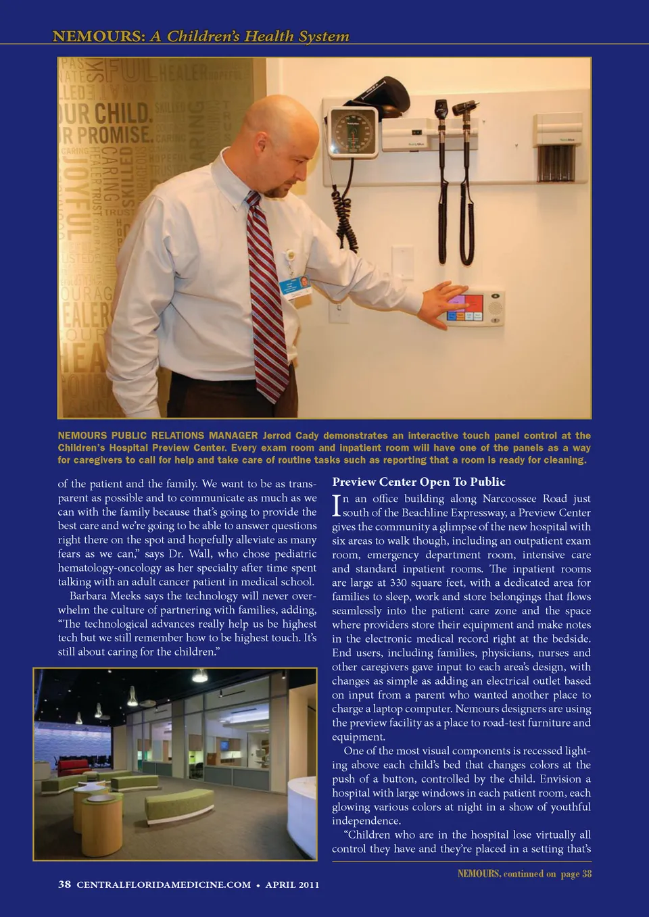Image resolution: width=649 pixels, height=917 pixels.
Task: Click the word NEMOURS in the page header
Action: pyautogui.click(x=98, y=36)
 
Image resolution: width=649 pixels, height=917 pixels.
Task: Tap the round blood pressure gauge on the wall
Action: pyautogui.click(x=352, y=132)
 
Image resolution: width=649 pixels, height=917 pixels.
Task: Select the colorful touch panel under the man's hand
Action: pyautogui.click(x=466, y=307)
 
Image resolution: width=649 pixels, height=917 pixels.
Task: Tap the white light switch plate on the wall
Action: pyautogui.click(x=402, y=262)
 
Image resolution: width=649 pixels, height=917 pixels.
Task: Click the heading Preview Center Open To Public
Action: pyautogui.click(x=418, y=482)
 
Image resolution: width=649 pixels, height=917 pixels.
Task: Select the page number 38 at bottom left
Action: pyautogui.click(x=64, y=885)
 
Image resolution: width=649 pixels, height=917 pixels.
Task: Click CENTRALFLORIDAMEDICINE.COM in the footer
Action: pyautogui.click(x=164, y=885)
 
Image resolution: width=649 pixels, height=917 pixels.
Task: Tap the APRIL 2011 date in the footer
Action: pyautogui.click(x=292, y=885)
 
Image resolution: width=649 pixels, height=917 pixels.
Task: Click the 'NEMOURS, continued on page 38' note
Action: pyautogui.click(x=524, y=874)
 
